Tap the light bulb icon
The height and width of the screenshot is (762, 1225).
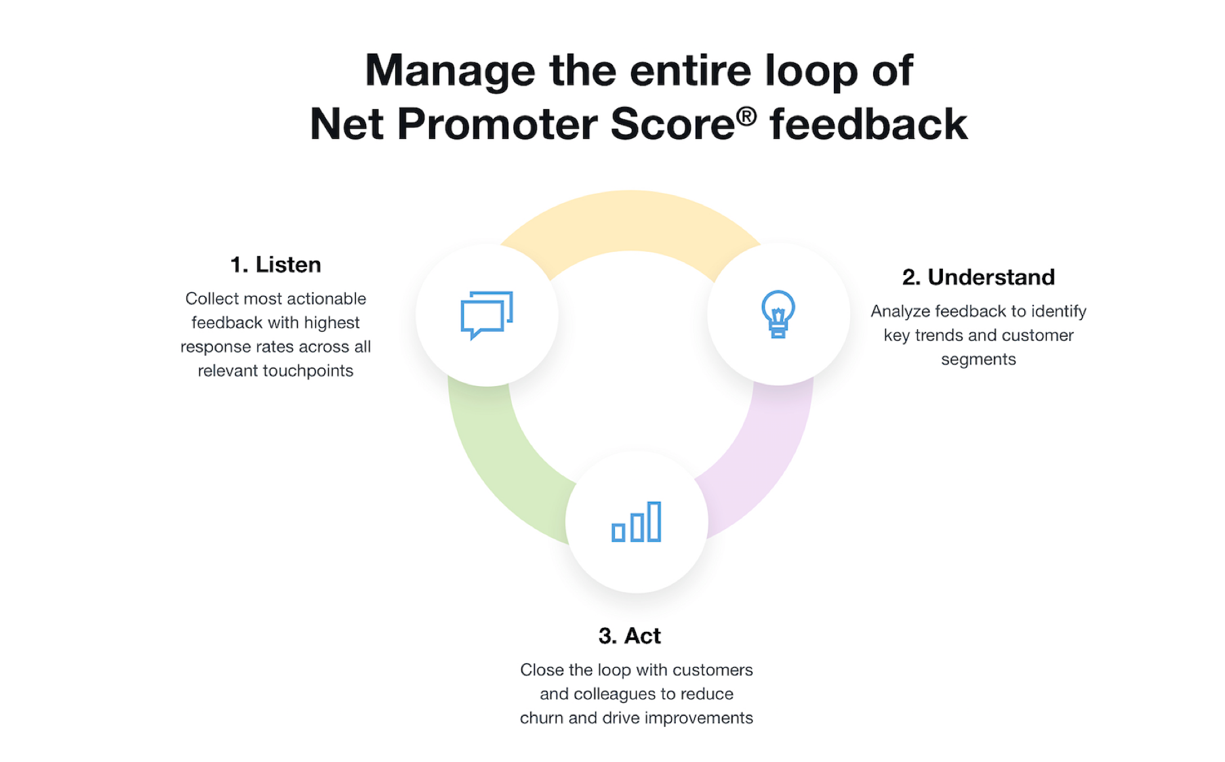pyautogui.click(x=778, y=314)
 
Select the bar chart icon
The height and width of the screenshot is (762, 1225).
pyautogui.click(x=636, y=522)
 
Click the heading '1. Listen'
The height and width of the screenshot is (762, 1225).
pyautogui.click(x=275, y=264)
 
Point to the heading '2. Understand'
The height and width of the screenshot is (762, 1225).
pyautogui.click(x=978, y=277)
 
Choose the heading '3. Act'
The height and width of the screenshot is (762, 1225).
pyautogui.click(x=629, y=636)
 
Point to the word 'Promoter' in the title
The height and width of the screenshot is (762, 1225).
pyautogui.click(x=498, y=124)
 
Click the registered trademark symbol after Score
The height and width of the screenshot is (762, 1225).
pyautogui.click(x=746, y=116)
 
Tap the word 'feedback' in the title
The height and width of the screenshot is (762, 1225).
pyautogui.click(x=868, y=124)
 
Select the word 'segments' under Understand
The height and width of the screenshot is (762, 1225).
pyautogui.click(x=978, y=360)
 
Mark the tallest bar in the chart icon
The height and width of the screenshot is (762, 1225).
pyautogui.click(x=654, y=522)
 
